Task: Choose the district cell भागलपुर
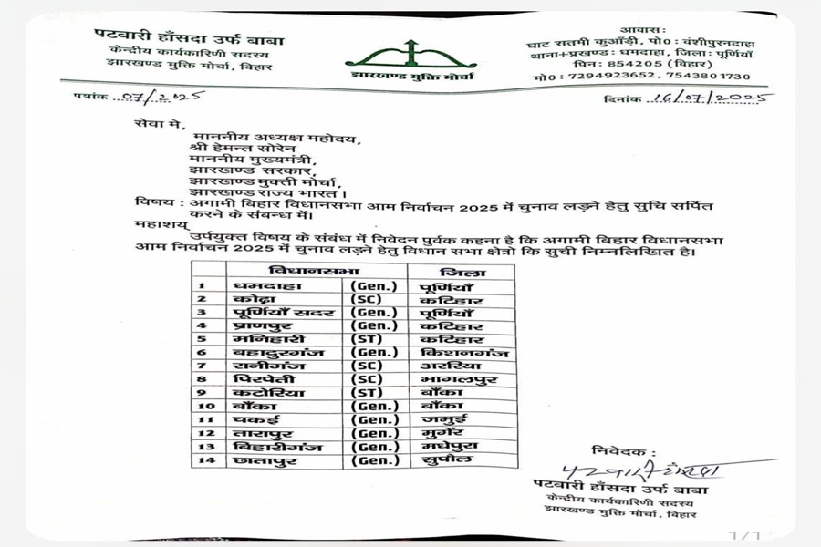460,379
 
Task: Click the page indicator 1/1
744,534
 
